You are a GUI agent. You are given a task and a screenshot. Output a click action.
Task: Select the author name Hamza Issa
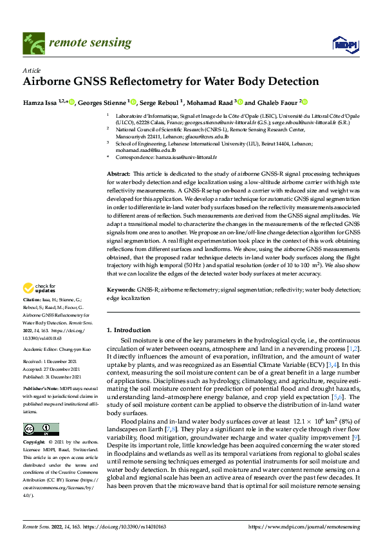(40, 102)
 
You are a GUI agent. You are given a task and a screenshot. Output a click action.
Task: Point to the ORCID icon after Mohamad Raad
(236, 101)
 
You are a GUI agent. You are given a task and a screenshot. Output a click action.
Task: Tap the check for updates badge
(39, 288)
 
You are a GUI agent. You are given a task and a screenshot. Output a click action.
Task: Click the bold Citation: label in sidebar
(32, 301)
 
